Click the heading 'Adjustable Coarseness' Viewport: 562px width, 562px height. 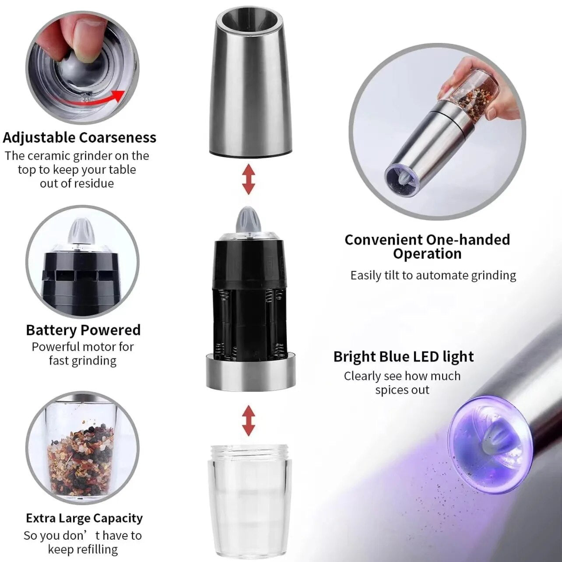pos(80,137)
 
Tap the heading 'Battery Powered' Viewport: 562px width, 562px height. pos(83,330)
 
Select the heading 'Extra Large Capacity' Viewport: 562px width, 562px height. pos(84,518)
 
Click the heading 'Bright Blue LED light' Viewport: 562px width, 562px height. pos(403,356)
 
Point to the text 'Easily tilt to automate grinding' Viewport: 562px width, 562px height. pos(433,275)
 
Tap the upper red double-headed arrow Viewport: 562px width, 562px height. pos(249,179)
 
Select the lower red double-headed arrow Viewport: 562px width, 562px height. pos(249,420)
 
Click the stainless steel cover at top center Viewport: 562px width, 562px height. pos(251,83)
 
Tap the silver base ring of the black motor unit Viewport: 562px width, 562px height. pos(250,372)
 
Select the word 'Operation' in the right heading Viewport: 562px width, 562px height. pos(427,254)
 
